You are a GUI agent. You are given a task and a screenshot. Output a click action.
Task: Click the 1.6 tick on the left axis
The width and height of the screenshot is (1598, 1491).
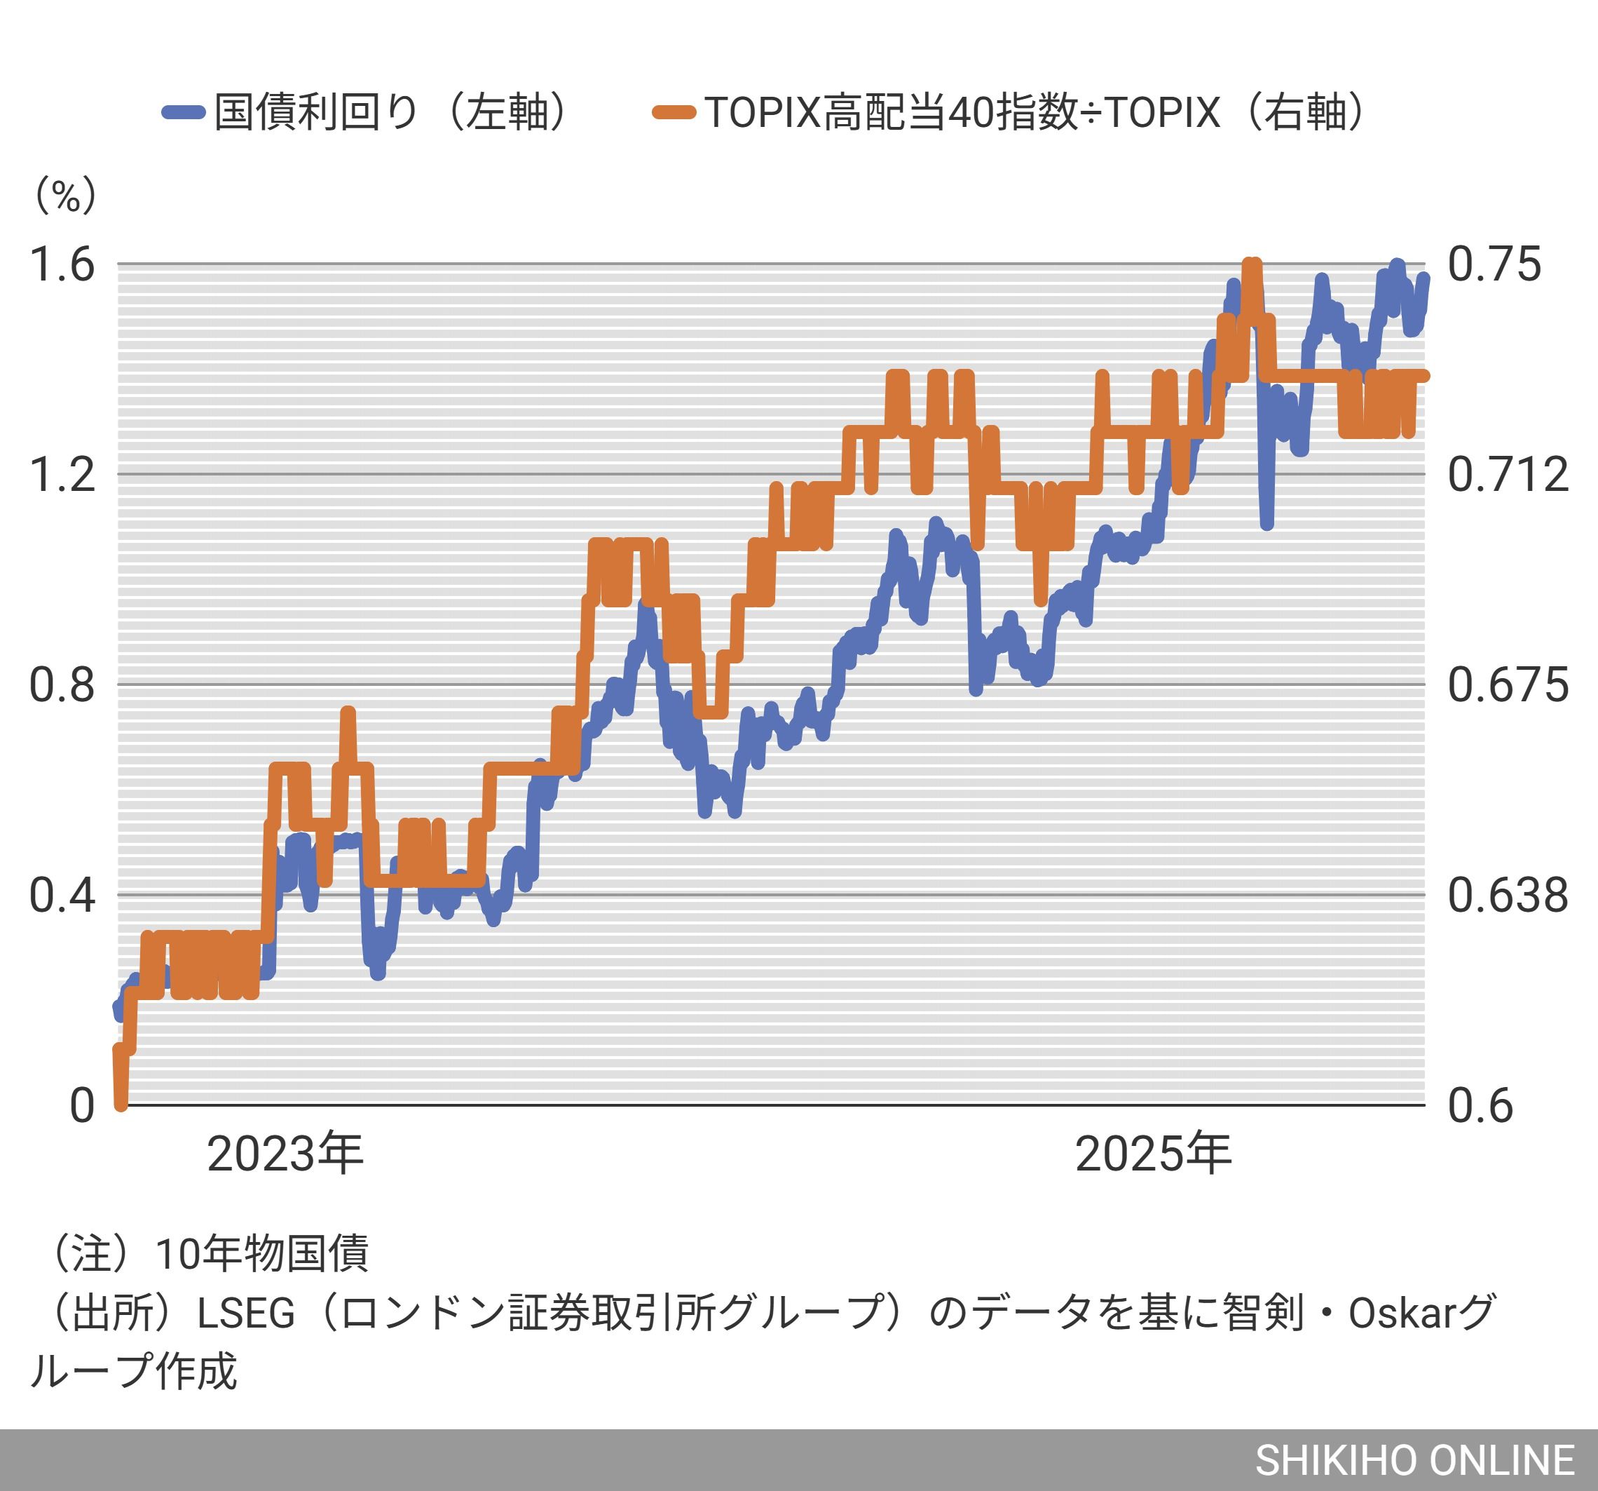(x=62, y=264)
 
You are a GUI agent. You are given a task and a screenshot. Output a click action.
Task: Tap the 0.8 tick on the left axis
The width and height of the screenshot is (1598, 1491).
(x=62, y=684)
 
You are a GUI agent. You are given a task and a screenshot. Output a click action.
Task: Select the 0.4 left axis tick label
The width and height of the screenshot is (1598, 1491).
(x=62, y=894)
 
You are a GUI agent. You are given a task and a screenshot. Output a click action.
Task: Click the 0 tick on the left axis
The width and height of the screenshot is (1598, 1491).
(x=81, y=1105)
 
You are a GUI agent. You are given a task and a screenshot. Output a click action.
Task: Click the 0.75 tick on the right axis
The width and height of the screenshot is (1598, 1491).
(x=1494, y=264)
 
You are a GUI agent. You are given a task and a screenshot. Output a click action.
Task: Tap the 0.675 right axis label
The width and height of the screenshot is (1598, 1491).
(x=1507, y=684)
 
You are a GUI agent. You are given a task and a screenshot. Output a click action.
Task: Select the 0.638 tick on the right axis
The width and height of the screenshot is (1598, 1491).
(x=1507, y=894)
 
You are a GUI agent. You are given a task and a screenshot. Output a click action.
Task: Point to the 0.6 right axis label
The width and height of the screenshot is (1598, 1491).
(x=1480, y=1105)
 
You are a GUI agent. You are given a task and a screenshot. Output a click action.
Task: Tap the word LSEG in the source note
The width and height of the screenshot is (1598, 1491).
(x=246, y=1314)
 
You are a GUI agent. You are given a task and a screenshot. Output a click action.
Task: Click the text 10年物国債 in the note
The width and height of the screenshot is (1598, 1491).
(x=261, y=1254)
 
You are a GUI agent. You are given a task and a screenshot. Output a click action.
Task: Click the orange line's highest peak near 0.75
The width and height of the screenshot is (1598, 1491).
(x=1252, y=264)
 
